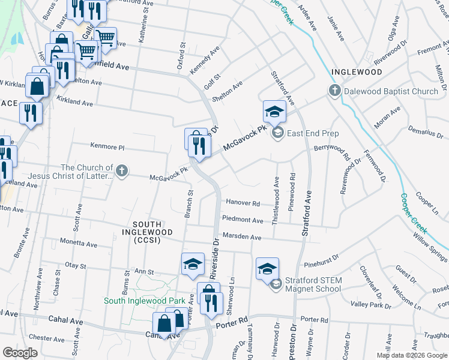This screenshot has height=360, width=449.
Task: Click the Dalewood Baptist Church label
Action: pyautogui.click(x=391, y=91)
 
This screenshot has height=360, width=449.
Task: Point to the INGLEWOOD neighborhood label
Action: pyautogui.click(x=357, y=72)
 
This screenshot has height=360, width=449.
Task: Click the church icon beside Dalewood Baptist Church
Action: pyautogui.click(x=334, y=91)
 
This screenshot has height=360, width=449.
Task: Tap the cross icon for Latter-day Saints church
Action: pyautogui.click(x=122, y=172)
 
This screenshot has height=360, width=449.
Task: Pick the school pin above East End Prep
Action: pyautogui.click(x=274, y=111)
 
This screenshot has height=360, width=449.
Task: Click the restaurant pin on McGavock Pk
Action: pyautogui.click(x=199, y=145)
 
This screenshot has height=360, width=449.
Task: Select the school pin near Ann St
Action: pyautogui.click(x=193, y=264)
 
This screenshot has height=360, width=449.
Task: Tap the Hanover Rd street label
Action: pyautogui.click(x=243, y=203)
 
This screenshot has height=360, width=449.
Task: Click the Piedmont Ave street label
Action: pyautogui.click(x=243, y=220)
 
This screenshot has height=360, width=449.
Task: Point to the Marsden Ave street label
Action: pyautogui.click(x=241, y=237)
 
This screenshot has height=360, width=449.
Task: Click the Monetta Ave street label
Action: pyautogui.click(x=78, y=243)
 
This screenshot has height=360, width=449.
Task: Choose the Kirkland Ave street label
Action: pyautogui.click(x=74, y=100)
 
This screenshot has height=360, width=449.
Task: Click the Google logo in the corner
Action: pyautogui.click(x=20, y=353)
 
